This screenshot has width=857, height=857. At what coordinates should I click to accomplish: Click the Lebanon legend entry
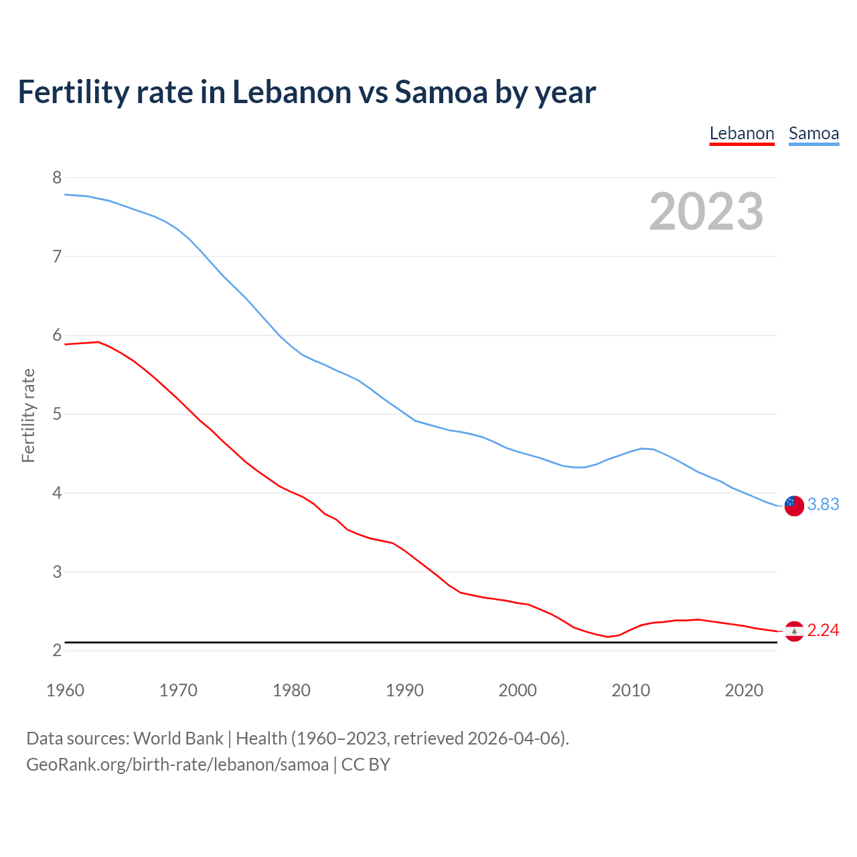[x=742, y=133]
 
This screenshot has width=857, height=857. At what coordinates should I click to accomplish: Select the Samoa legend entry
[x=813, y=133]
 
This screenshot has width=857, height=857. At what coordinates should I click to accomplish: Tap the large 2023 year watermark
[x=706, y=212]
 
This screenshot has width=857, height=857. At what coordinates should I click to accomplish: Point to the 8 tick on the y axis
[x=57, y=177]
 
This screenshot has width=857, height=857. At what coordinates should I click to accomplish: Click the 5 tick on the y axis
[x=57, y=414]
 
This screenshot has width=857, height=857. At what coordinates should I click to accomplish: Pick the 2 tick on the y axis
[x=57, y=651]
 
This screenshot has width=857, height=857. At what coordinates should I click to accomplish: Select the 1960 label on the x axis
[x=65, y=690]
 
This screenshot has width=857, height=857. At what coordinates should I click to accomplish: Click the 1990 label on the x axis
[x=404, y=690]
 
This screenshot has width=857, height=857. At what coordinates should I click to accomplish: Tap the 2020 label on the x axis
[x=744, y=690]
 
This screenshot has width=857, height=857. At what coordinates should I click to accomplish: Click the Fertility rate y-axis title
[x=28, y=415]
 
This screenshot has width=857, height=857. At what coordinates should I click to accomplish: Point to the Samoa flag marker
[x=794, y=505]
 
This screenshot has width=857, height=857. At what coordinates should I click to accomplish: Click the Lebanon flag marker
[x=794, y=631]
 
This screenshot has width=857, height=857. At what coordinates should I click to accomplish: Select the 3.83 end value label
[x=823, y=504]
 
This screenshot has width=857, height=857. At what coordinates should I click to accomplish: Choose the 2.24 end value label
[x=823, y=630]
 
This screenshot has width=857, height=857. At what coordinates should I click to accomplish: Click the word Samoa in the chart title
[x=441, y=92]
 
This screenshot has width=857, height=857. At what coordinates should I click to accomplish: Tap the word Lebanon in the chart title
[x=291, y=92]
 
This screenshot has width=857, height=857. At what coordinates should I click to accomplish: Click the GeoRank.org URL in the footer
[x=177, y=765]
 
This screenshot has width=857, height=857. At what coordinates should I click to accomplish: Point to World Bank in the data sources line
[x=178, y=738]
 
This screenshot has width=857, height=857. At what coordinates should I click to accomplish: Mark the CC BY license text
[x=366, y=765]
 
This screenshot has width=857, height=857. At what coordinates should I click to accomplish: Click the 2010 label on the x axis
[x=631, y=690]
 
